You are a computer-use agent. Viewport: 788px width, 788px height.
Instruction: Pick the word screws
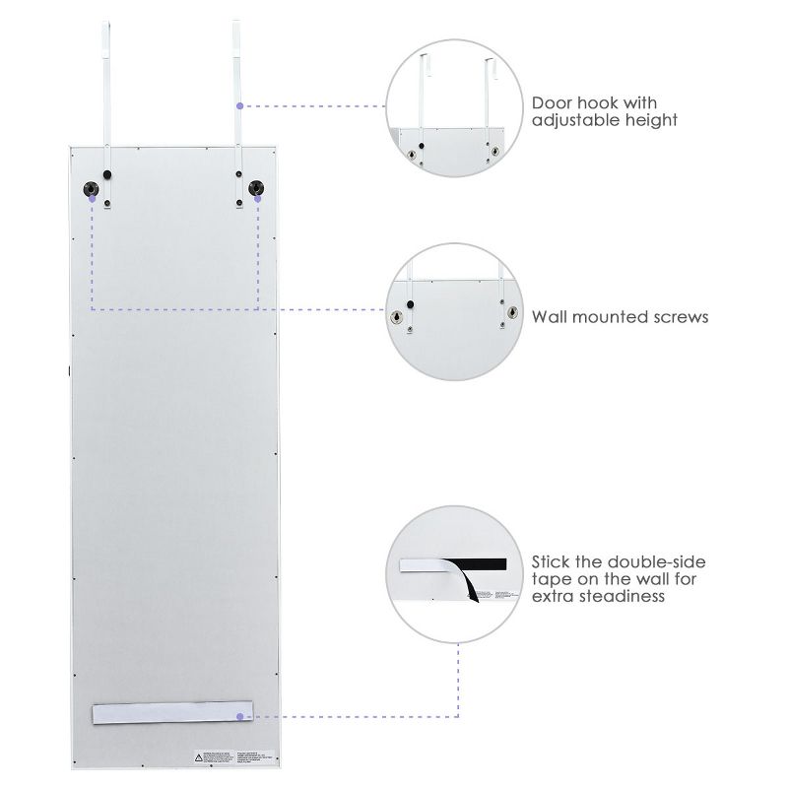(681, 317)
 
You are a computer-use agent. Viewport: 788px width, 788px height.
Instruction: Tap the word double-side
(653, 561)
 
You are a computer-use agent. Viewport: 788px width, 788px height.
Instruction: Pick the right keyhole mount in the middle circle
(510, 312)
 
